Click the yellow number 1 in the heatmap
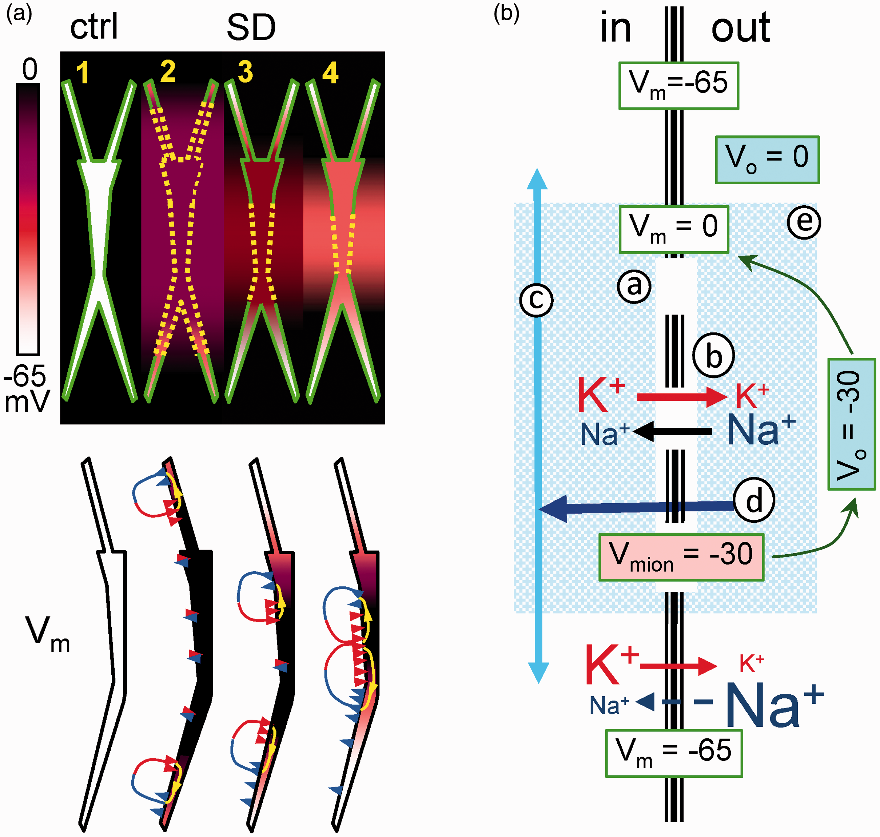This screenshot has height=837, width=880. click(82, 73)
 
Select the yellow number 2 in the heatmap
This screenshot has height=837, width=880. click(168, 71)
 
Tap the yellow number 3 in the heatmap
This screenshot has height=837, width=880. click(245, 72)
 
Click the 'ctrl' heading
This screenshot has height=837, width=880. click(94, 27)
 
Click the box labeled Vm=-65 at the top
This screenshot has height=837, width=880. click(679, 86)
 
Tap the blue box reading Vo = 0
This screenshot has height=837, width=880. click(768, 160)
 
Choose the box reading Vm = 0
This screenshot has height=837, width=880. click(674, 229)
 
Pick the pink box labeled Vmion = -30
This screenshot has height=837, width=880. click(681, 557)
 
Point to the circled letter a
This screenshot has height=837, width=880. click(634, 286)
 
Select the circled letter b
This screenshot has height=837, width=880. click(713, 355)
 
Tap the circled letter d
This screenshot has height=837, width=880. click(754, 500)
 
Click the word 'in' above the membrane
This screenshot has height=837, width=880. click(616, 28)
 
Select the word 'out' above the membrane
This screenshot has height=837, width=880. click(741, 28)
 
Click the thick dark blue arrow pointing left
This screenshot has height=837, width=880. click(637, 508)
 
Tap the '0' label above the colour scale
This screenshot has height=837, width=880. click(30, 70)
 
